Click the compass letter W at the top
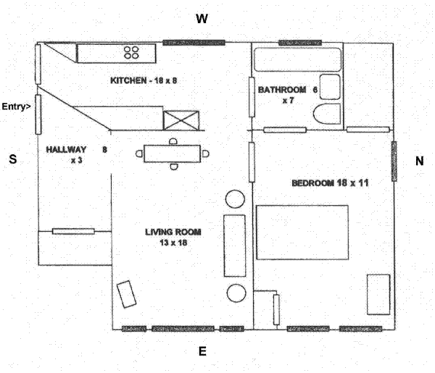point(202,20)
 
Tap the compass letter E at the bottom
point(203,352)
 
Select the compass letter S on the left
point(12,160)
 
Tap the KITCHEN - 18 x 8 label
point(144,80)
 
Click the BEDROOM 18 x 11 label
point(331,183)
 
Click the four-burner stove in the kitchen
point(132,51)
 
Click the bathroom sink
point(330,86)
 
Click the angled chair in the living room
point(128,294)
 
